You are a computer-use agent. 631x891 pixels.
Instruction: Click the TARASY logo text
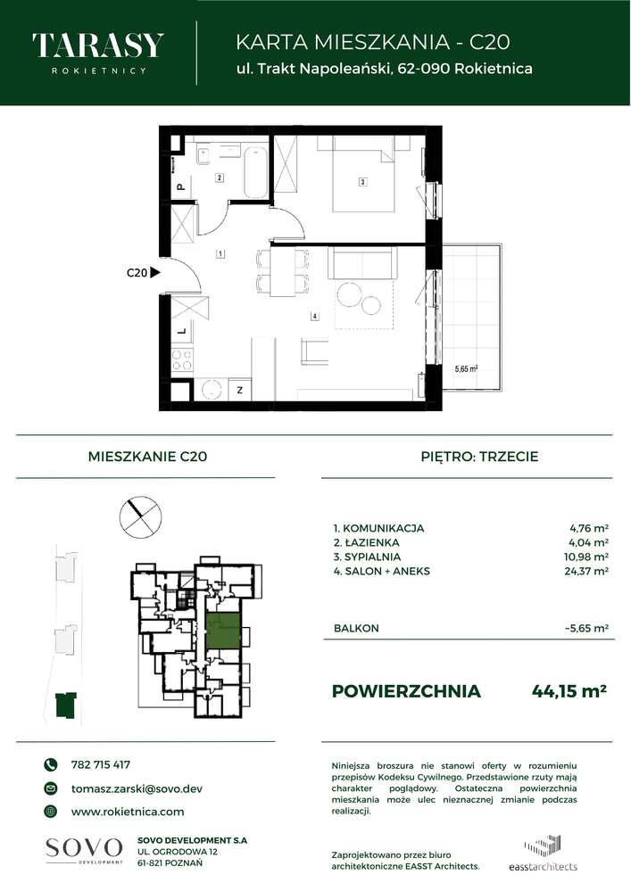click(97, 45)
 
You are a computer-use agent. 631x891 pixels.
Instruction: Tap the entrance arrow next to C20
click(155, 275)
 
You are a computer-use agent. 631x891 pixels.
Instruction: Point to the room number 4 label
click(315, 316)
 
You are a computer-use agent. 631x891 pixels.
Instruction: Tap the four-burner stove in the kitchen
click(181, 361)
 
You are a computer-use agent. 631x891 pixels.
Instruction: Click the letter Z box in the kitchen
click(238, 390)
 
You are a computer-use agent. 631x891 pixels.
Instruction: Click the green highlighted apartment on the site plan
click(222, 631)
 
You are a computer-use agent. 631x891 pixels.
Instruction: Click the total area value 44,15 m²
click(569, 690)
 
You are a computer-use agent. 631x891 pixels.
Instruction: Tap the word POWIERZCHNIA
click(405, 691)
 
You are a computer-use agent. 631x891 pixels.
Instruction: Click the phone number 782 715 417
click(100, 764)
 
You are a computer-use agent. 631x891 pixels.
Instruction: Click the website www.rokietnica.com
click(127, 812)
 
